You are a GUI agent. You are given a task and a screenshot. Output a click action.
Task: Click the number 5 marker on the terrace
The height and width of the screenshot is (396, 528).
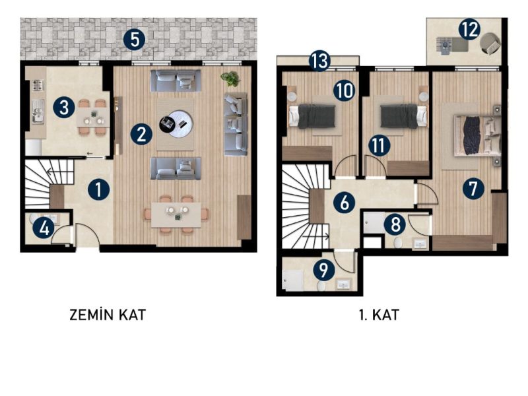pyautogui.click(x=134, y=40)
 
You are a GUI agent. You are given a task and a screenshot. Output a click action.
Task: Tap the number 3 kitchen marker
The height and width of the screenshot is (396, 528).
pyautogui.click(x=64, y=108)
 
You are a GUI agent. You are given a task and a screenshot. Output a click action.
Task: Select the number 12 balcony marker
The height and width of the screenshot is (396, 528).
pyautogui.click(x=469, y=29)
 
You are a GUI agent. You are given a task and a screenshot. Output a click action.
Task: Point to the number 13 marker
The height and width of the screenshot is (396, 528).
pyautogui.click(x=319, y=61)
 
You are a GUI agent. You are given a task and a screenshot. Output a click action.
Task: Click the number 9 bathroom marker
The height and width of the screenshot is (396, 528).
pyautogui.click(x=323, y=270)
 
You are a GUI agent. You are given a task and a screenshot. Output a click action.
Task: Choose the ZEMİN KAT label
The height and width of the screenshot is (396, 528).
pyautogui.click(x=108, y=315)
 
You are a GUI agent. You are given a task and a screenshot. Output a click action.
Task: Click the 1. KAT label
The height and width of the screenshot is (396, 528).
pyautogui.click(x=379, y=315)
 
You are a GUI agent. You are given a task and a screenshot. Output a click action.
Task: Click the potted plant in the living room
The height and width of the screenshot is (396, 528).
pyautogui.click(x=230, y=79)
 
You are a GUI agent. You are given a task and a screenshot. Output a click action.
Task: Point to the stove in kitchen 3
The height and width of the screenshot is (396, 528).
pyautogui.click(x=38, y=85)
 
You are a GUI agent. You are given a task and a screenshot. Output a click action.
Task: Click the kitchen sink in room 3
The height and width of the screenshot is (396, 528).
pyautogui.click(x=38, y=111)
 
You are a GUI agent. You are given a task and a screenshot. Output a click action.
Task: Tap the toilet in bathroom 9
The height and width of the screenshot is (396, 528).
pyautogui.click(x=321, y=286)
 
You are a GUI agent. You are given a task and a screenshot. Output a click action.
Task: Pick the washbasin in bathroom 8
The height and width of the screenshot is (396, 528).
pyautogui.click(x=420, y=244)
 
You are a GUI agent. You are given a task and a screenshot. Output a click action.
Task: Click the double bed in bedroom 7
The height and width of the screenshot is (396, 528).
pyautogui.click(x=477, y=136)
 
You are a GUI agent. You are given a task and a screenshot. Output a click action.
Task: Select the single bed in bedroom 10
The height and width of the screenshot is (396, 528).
pyautogui.click(x=312, y=116)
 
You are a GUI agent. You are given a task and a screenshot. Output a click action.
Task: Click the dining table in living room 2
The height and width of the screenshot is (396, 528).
pyautogui.click(x=176, y=215)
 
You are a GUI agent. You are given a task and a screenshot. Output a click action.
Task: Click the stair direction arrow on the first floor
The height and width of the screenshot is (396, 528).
pyautogui.click(x=316, y=237)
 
